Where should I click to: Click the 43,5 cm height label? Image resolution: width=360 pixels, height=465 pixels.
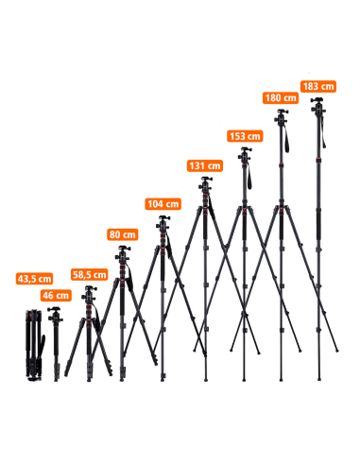(34, 279)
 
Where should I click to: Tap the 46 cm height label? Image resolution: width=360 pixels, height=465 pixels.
(56, 296)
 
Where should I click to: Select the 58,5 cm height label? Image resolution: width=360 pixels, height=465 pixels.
(90, 275)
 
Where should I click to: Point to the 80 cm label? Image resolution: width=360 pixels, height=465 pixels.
(122, 234)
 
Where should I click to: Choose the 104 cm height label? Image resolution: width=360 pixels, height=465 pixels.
(163, 204)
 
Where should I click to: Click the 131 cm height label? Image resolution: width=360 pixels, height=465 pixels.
(205, 165)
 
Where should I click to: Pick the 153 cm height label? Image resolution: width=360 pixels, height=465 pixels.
(245, 136)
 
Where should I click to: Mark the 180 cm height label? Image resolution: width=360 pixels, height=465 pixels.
(281, 98)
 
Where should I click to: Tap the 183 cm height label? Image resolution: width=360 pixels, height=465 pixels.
(318, 86)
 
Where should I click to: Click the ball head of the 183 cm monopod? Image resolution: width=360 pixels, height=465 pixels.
(318, 106)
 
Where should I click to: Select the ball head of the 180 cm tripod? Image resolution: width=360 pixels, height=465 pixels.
(281, 117)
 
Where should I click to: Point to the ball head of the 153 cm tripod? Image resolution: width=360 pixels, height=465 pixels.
(245, 155)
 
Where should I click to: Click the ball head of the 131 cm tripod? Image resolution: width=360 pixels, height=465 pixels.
(205, 185)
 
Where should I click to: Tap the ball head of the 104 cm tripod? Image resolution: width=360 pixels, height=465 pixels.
(163, 223)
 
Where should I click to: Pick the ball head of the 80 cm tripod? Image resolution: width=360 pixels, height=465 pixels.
(123, 254)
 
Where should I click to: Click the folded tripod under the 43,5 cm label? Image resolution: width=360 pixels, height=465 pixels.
(34, 345)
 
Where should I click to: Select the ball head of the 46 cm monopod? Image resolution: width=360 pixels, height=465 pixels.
(55, 315)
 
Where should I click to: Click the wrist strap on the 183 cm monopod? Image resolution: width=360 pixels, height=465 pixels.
(323, 132)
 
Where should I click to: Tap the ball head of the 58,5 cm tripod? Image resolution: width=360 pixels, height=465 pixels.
(89, 293)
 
